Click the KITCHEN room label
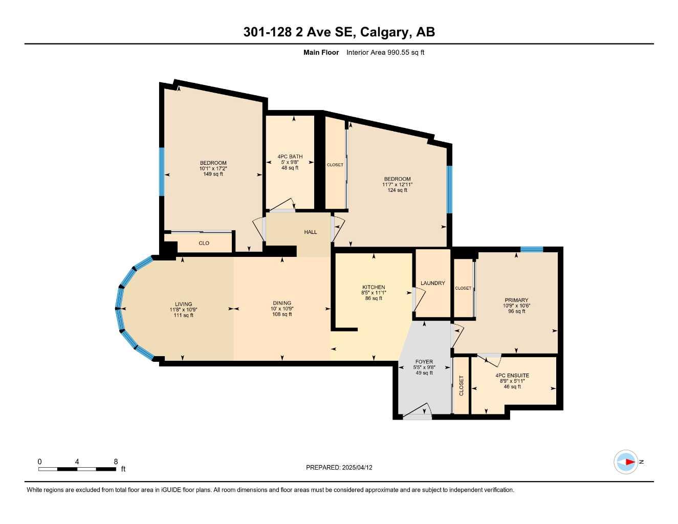[x=374, y=287]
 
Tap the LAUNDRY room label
[x=432, y=283]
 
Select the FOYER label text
[x=424, y=362]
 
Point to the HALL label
[x=310, y=232]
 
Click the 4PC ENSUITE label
[x=512, y=376]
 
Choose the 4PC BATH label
[x=290, y=157]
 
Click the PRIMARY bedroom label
[x=516, y=300]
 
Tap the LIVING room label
[x=183, y=304]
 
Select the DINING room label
[x=281, y=303]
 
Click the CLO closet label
[x=204, y=243]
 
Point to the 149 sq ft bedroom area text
[x=213, y=174]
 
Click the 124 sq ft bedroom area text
[x=397, y=190]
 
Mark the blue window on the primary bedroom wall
[x=531, y=249]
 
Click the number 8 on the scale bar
[x=116, y=462]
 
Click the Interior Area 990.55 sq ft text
[x=385, y=52]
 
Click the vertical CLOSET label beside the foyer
[x=461, y=386]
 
